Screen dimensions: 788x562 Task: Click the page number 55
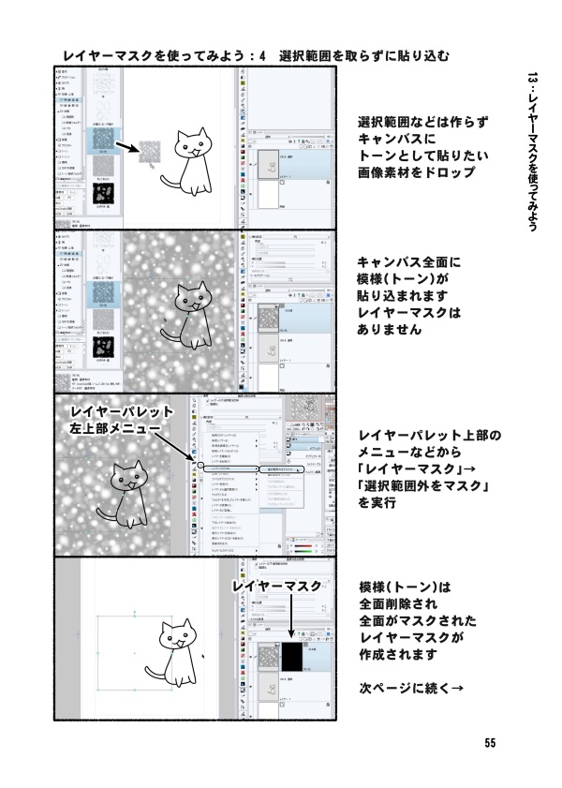click(490, 743)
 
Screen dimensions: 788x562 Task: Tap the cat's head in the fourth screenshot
click(182, 638)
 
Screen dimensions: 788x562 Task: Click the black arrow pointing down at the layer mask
click(293, 621)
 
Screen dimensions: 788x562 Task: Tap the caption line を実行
click(377, 503)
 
